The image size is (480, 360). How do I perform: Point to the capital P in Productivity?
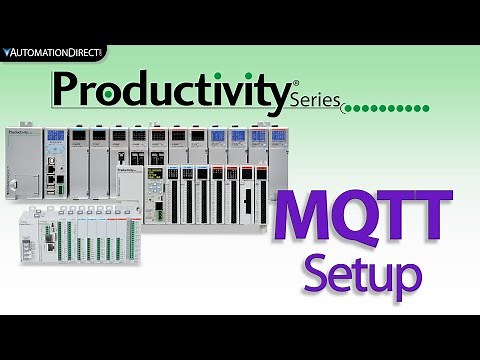(68, 89)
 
